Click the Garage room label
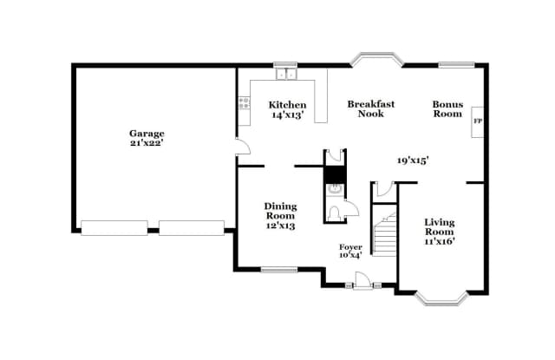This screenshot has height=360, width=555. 147,133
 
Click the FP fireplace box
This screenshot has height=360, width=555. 477,122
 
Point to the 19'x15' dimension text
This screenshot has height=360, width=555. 414,160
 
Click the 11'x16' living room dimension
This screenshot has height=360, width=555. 439,241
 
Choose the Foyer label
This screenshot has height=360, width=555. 350,247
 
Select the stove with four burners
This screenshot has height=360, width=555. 244,106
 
